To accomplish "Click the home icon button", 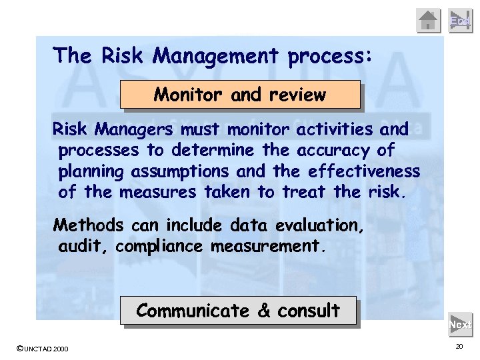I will tap(429, 21).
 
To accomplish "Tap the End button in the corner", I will tap(460, 21).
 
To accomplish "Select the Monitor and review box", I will tap(240, 95).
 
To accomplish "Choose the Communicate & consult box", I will tap(238, 311).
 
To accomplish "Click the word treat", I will tap(303, 193).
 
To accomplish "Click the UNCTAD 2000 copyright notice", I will tap(41, 349).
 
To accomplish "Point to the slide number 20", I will tap(459, 347).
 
